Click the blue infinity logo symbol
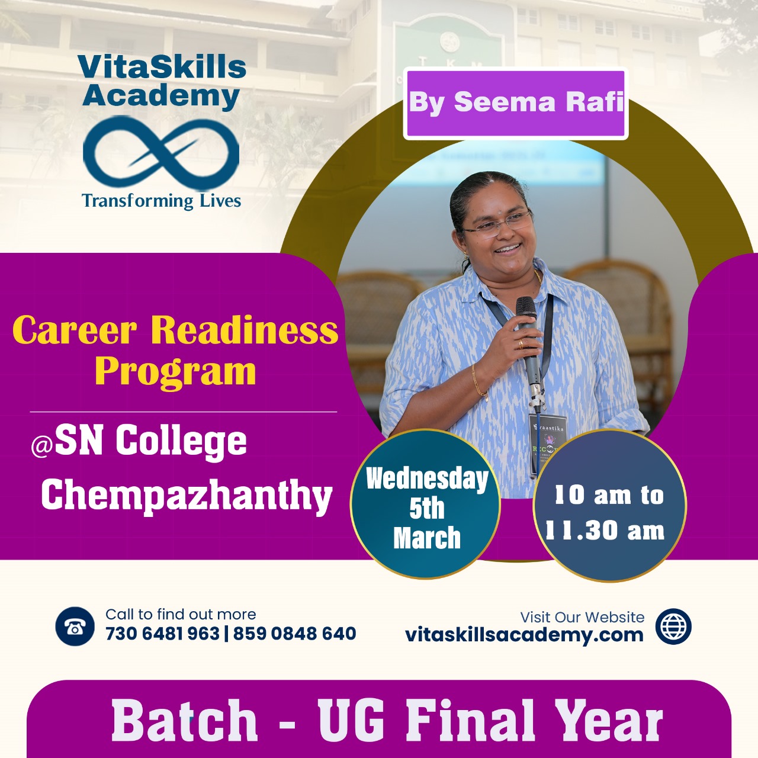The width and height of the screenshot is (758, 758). click(x=161, y=152)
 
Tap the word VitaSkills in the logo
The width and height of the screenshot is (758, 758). click(x=162, y=67)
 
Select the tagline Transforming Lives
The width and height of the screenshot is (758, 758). click(x=161, y=201)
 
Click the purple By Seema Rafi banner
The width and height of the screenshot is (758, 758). click(x=516, y=104)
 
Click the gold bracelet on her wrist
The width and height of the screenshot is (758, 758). click(x=478, y=381)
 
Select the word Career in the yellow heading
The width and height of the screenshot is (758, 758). click(x=75, y=330)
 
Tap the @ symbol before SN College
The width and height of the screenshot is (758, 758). click(x=41, y=448)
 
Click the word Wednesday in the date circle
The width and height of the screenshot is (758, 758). click(x=427, y=480)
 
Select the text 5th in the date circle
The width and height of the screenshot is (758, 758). click(x=427, y=509)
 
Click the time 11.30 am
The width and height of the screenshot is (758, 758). click(x=605, y=531)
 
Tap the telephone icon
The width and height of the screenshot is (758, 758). click(x=75, y=626)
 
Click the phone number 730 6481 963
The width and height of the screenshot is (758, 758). click(x=162, y=633)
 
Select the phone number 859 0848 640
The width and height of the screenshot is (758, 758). click(x=295, y=633)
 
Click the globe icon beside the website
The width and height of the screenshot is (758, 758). click(x=673, y=626)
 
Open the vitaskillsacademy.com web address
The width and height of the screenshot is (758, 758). click(x=524, y=635)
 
